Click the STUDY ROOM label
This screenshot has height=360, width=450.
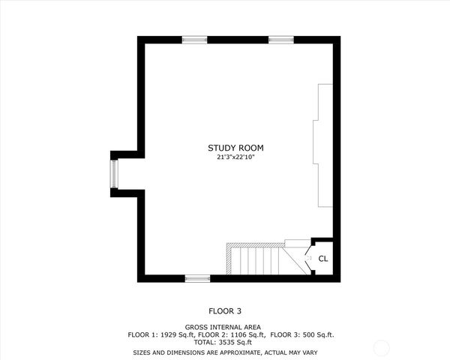click(235, 148)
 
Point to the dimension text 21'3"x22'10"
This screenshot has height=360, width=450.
click(235, 157)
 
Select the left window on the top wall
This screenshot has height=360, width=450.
click(194, 39)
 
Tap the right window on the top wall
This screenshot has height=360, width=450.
click(280, 39)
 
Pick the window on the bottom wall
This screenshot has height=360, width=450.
click(197, 278)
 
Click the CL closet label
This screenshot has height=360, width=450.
click(323, 259)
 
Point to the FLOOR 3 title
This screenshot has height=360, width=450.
click(225, 310)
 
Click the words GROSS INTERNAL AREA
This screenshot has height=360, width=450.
click(225, 327)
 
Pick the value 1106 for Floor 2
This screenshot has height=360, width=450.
click(235, 334)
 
